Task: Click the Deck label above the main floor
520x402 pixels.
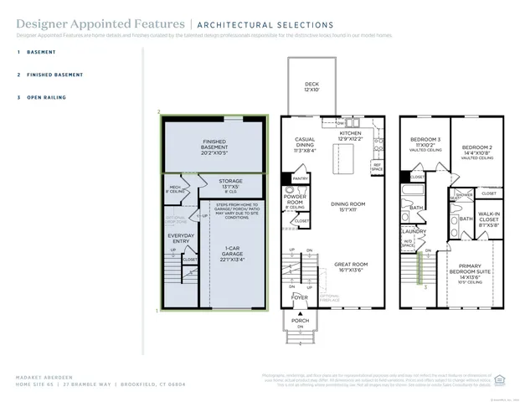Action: [x=311, y=86]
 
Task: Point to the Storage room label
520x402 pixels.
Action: [x=230, y=183]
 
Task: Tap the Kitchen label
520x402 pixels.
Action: [x=350, y=135]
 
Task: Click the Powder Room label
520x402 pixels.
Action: [x=295, y=200]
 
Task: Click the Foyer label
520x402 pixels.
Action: [x=299, y=297]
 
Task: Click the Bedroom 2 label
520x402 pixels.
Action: [x=476, y=149]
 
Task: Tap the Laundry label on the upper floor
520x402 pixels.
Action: [x=414, y=232]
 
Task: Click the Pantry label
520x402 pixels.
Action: [x=300, y=178]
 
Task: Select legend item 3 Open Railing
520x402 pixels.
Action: [x=44, y=97]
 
